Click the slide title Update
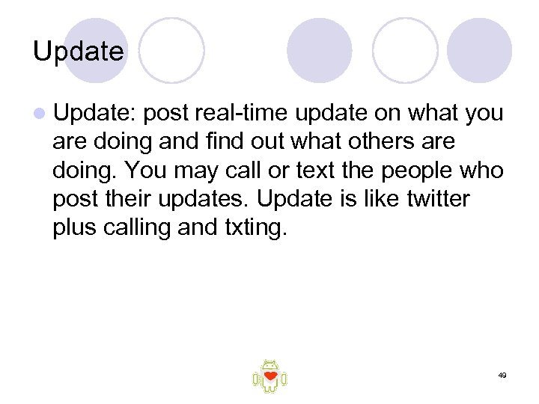[x=79, y=52]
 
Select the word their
[x=132, y=200]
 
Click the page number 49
[x=502, y=374]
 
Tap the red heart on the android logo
[x=269, y=376]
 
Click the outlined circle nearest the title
[x=171, y=50]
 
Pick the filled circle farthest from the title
[x=479, y=50]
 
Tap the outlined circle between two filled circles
[x=405, y=50]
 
